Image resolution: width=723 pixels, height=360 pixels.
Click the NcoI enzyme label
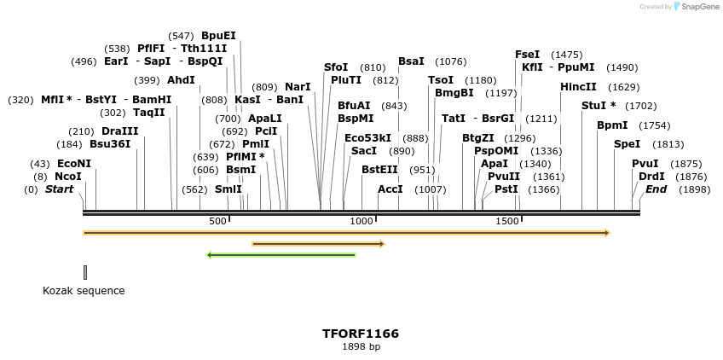(x=68, y=177)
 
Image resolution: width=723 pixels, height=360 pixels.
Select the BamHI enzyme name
(x=152, y=100)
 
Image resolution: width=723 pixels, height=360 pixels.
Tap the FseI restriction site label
(x=527, y=55)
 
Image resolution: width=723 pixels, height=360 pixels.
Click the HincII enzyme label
(x=577, y=87)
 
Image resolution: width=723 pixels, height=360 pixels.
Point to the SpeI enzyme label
(x=627, y=144)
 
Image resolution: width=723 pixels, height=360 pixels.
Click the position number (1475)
(x=566, y=55)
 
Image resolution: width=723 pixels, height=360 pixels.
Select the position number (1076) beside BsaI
(x=450, y=61)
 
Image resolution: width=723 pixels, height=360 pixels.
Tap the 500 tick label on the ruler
(x=217, y=221)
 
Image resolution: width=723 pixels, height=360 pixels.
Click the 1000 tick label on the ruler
(x=361, y=221)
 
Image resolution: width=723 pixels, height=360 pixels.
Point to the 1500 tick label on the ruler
(x=507, y=221)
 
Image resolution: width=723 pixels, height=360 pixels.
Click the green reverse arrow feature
(x=281, y=254)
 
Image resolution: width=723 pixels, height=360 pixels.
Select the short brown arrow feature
(x=318, y=244)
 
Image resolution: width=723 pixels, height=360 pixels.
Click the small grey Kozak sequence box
(x=85, y=272)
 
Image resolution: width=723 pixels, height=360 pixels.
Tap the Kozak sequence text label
(x=84, y=291)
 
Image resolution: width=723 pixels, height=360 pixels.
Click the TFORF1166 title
(x=361, y=334)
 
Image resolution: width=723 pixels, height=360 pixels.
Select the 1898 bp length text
(x=361, y=346)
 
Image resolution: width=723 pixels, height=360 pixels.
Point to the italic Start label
(x=59, y=189)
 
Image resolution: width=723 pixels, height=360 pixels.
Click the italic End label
(x=655, y=189)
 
